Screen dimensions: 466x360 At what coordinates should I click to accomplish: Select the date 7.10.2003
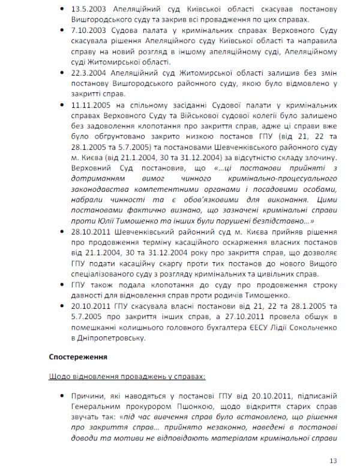click(x=85, y=30)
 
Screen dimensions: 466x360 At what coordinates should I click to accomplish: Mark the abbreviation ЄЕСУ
click(x=237, y=328)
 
